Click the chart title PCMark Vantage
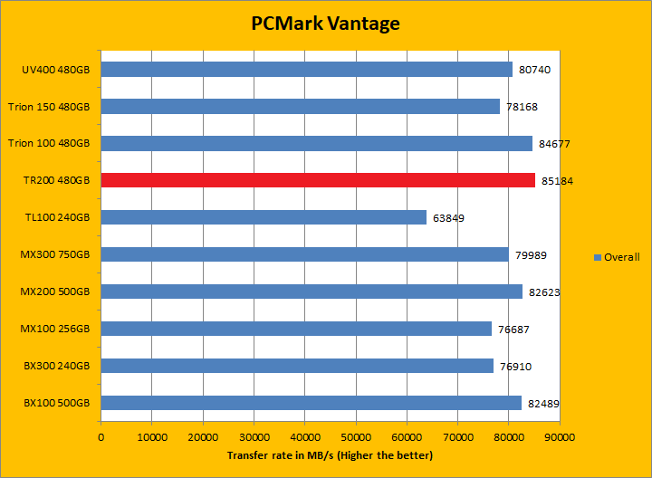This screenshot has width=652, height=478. (x=325, y=24)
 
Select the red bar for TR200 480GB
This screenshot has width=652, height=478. (x=317, y=180)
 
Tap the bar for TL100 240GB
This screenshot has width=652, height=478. (x=263, y=217)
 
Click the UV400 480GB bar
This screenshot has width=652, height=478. (x=306, y=69)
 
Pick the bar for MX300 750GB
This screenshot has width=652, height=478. (x=304, y=254)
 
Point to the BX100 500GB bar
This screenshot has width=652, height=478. (x=311, y=403)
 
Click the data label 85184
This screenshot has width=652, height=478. (x=557, y=181)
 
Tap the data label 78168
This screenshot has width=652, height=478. (x=522, y=107)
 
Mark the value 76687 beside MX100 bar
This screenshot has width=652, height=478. (x=513, y=330)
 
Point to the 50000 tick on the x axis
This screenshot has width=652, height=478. (x=356, y=436)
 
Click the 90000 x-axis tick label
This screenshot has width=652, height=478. (x=559, y=436)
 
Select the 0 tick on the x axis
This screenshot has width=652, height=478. (x=101, y=436)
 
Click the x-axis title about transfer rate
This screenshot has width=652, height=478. (x=330, y=454)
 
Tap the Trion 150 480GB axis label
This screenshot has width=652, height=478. (x=49, y=107)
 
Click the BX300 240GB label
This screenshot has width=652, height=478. (x=56, y=366)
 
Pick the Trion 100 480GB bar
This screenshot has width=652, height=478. (x=316, y=143)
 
